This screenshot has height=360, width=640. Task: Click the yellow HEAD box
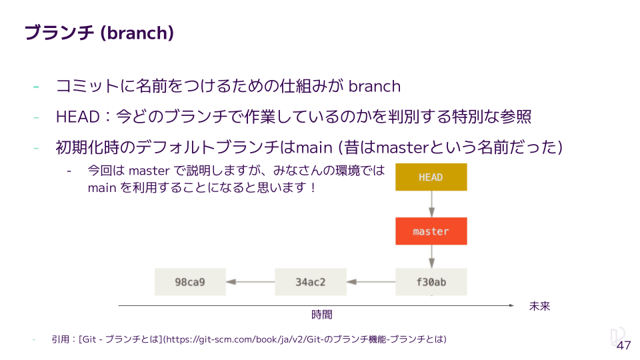(431, 177)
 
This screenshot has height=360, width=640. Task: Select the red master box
(431, 231)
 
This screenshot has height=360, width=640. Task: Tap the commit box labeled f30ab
(431, 282)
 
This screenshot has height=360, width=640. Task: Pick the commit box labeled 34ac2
(311, 282)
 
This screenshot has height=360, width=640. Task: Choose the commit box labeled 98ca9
(190, 282)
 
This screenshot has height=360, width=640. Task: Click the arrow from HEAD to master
(431, 204)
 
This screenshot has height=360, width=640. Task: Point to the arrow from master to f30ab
(431, 257)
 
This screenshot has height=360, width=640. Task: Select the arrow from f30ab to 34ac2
(371, 282)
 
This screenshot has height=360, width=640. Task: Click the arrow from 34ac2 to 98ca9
(251, 282)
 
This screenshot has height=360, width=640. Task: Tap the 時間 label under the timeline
(321, 314)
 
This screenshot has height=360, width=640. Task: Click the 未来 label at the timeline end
(539, 306)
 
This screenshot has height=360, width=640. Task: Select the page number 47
(623, 345)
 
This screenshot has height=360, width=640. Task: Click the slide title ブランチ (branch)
(99, 33)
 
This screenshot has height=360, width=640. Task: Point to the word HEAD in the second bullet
(77, 117)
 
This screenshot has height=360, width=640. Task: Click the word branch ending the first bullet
(375, 86)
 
